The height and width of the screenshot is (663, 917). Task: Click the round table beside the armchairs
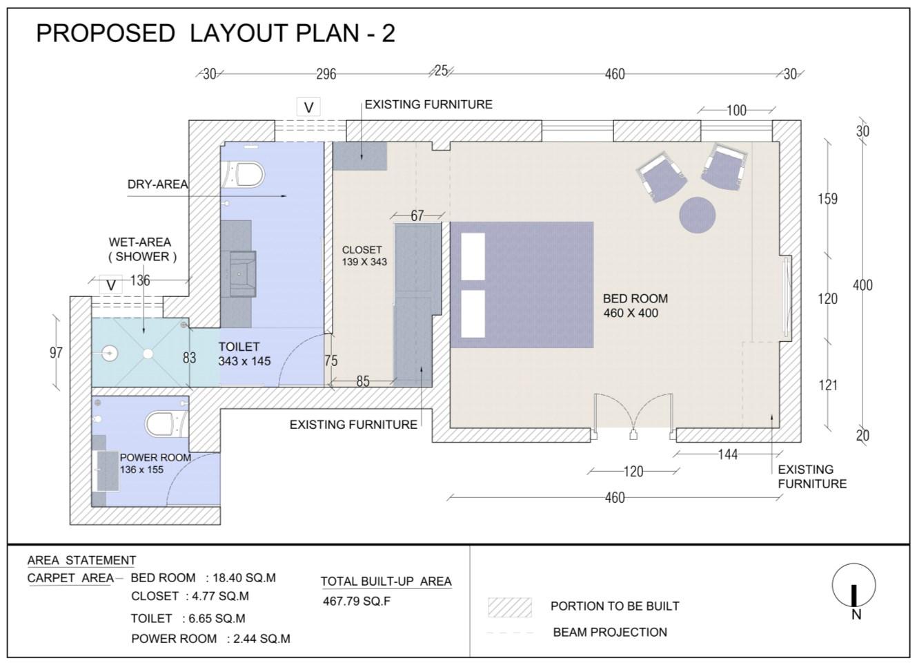tap(697, 215)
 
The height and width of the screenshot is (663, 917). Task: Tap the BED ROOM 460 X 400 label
tap(635, 306)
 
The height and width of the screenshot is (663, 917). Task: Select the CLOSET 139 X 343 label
tap(364, 256)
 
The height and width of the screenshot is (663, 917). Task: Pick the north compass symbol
tap(854, 589)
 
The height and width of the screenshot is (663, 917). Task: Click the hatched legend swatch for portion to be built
tap(510, 607)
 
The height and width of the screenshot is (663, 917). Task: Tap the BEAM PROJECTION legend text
tap(610, 633)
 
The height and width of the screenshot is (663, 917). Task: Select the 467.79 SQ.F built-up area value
tap(357, 601)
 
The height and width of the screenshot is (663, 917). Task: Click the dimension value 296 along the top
tap(326, 74)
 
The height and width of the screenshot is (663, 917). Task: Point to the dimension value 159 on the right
tap(828, 199)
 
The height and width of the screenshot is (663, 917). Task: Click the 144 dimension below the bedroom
tap(728, 454)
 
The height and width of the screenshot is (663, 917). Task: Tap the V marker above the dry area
tap(308, 107)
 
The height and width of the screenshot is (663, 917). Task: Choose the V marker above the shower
tap(111, 285)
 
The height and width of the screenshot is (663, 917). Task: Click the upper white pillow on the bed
tap(473, 257)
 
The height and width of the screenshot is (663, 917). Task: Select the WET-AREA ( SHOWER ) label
tap(141, 249)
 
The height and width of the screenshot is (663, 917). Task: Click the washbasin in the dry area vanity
tap(243, 273)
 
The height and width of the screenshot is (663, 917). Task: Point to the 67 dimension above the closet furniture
tap(417, 216)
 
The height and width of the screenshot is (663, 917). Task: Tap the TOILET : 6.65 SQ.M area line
tap(188, 618)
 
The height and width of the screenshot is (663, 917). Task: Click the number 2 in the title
tap(388, 33)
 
